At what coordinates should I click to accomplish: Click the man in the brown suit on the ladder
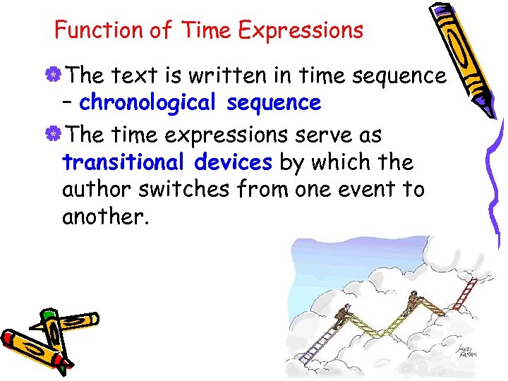(342, 313)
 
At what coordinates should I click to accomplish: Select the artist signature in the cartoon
(465, 350)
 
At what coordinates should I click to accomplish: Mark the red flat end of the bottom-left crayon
(8, 339)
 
